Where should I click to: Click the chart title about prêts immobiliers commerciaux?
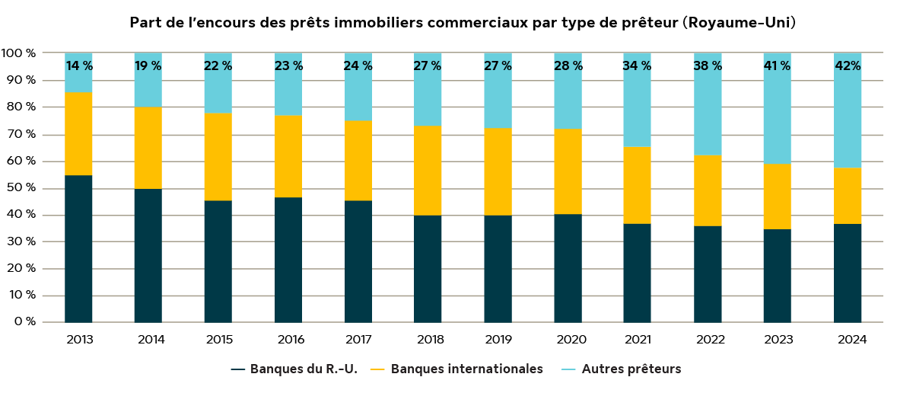click(462, 22)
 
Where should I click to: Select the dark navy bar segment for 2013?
click(78, 249)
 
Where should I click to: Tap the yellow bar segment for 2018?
click(428, 171)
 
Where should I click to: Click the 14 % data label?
click(79, 66)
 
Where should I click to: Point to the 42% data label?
click(848, 66)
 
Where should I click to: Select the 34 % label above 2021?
click(637, 66)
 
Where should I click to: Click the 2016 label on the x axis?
click(288, 340)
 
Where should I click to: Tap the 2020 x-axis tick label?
click(568, 340)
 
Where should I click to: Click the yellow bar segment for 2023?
click(777, 197)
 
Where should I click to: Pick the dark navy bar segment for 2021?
click(637, 273)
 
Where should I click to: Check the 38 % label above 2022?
click(707, 66)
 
